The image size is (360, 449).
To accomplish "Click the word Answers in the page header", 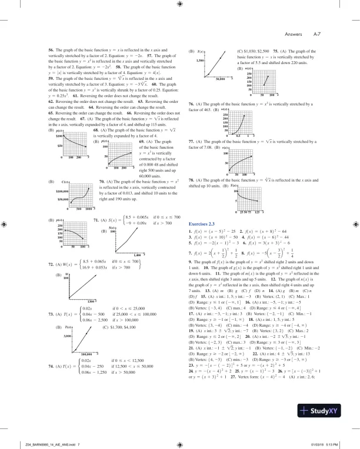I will [x=294, y=33].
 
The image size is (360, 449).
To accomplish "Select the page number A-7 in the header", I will [x=316, y=33].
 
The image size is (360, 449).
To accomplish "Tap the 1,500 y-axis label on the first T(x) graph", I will [x=201, y=61].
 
